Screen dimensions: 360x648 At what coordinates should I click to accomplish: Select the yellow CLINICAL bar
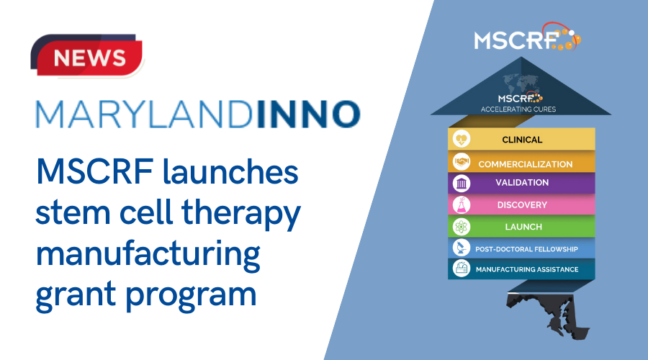523,140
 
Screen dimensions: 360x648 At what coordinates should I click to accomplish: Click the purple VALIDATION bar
522,183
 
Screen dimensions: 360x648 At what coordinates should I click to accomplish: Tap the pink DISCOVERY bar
522,205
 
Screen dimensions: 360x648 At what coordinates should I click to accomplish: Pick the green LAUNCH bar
522,227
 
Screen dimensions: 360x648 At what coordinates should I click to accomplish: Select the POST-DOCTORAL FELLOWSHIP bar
522,248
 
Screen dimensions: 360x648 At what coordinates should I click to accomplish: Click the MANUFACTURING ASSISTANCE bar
522,269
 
